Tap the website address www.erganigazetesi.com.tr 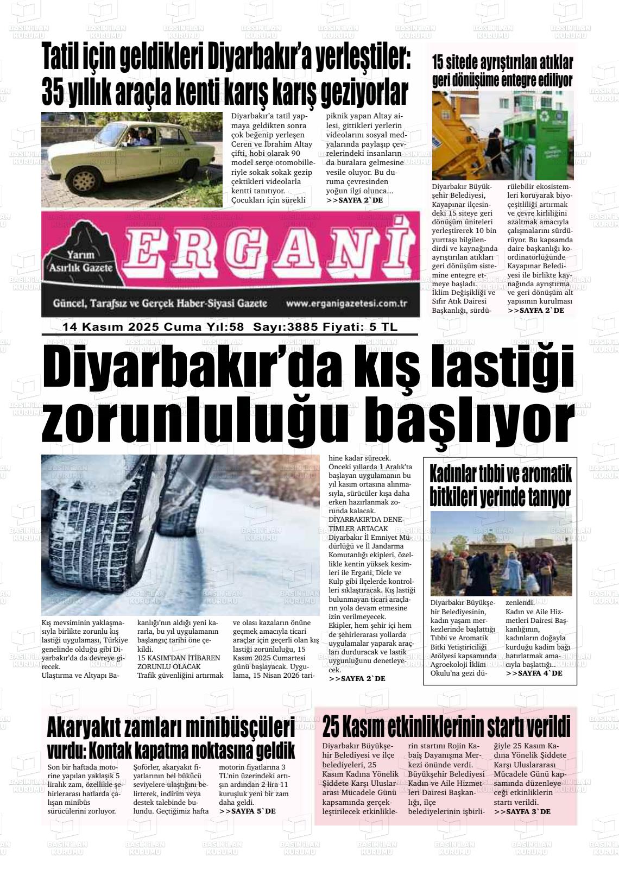346,304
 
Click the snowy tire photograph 180,534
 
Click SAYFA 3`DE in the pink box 522,811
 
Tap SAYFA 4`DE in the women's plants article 534,673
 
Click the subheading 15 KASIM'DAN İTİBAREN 179,658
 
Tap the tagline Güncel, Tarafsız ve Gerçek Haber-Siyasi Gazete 160,304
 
